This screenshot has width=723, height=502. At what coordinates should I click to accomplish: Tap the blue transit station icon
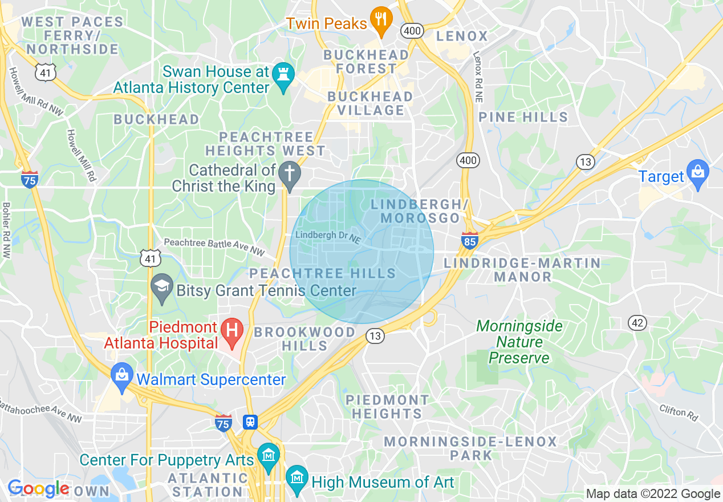[250, 422]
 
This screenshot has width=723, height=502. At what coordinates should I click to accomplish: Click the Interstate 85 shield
[469, 240]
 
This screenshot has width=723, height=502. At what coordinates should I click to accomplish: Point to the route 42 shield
[637, 323]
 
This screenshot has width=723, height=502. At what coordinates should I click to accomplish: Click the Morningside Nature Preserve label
[519, 342]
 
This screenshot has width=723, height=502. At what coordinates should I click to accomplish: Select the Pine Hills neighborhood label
[523, 118]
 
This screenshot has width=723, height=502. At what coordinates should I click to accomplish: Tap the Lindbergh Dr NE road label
[328, 237]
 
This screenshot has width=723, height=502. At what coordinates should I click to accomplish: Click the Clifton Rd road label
[679, 413]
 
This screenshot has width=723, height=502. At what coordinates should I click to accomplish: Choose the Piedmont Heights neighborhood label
[387, 406]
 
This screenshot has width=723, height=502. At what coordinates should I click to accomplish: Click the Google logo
[38, 488]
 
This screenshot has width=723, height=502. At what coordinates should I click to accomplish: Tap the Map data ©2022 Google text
[653, 494]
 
